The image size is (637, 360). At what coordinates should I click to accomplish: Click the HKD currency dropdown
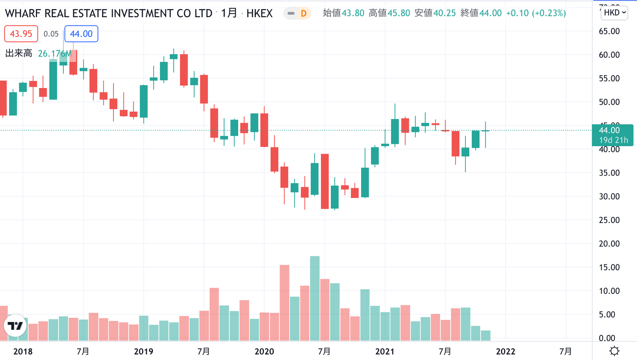coord(614,13)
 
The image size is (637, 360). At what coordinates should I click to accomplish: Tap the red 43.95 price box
coord(21,34)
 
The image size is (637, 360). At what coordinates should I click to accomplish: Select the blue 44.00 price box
coord(81,34)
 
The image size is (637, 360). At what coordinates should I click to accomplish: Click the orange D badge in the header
coord(303,14)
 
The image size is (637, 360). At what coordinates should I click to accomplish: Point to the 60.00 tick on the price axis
coord(609,55)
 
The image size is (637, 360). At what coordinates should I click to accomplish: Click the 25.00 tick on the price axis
coord(609,220)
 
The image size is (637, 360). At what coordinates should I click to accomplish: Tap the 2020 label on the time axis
coord(264,352)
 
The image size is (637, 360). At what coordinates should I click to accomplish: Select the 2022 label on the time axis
coord(506,352)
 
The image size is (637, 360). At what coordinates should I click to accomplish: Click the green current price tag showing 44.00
coord(612,135)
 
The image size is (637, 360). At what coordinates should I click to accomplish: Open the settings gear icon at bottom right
coord(614,351)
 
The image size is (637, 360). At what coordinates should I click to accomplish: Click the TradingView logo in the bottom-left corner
coord(15,326)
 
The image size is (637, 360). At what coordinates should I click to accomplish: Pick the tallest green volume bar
coord(315,299)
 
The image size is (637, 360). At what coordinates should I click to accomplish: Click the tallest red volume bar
coord(284,303)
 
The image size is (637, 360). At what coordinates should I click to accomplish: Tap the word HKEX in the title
coord(259,14)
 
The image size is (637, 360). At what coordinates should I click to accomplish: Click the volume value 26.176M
coord(55,53)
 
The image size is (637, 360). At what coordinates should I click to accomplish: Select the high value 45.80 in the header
coord(399,13)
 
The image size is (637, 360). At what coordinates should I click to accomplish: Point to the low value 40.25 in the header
coord(444,13)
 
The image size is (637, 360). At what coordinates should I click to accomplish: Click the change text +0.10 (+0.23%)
coord(536,13)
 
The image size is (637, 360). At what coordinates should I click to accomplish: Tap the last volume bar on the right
coord(485,336)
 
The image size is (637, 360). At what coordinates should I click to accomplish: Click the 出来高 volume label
coord(19,53)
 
